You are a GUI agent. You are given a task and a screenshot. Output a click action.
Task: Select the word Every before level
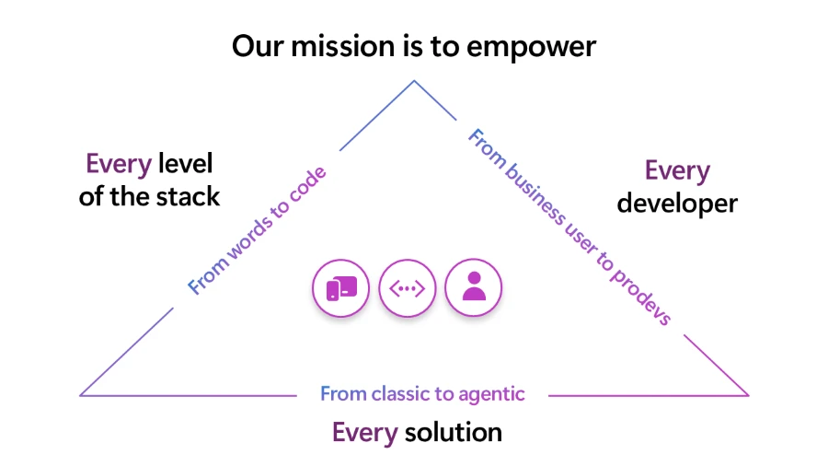tap(119, 164)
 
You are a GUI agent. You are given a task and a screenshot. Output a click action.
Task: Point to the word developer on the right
tap(677, 203)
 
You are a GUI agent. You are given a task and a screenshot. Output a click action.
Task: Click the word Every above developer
tap(677, 171)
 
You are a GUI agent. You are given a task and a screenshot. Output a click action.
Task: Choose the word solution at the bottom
tap(453, 432)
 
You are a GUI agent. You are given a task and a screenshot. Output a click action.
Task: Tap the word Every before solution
tap(365, 433)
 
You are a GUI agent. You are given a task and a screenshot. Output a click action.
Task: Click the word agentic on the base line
tap(491, 394)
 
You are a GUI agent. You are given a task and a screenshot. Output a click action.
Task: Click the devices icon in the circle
tap(341, 288)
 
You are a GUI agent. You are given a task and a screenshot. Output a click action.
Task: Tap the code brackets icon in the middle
tap(408, 288)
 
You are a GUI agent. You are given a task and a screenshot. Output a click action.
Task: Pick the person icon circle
tap(474, 288)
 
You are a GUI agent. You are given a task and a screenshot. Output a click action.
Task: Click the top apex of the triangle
tap(413, 81)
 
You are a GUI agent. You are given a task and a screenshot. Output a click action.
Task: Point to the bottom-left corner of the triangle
tap(81, 395)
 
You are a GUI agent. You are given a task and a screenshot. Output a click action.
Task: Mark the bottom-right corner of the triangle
tap(748, 395)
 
